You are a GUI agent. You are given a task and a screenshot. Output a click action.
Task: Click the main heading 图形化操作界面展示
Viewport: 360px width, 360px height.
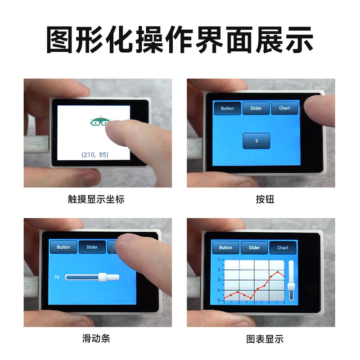(180, 40)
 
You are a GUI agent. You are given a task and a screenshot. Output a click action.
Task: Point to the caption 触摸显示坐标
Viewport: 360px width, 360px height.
(95, 199)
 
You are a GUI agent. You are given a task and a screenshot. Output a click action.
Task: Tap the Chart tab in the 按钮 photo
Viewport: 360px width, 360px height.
(284, 108)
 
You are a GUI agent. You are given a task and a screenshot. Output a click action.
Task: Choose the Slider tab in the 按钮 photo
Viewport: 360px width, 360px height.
(256, 108)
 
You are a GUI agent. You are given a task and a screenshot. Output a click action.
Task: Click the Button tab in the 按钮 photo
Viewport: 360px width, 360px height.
(227, 108)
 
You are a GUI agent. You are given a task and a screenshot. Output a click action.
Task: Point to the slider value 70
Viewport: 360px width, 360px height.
(57, 277)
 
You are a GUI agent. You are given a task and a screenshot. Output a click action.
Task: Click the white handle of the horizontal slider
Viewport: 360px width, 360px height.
(103, 277)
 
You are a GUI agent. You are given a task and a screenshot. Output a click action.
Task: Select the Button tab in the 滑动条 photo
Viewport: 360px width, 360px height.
(63, 247)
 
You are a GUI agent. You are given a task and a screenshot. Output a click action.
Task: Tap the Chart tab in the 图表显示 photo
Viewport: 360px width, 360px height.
(283, 247)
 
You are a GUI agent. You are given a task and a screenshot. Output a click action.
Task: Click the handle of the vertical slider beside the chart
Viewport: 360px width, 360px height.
(291, 287)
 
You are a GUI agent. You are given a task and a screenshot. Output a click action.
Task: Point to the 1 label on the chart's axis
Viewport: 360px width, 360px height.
(218, 260)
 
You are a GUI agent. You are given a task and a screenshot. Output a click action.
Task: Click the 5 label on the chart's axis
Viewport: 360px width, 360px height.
(218, 300)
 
